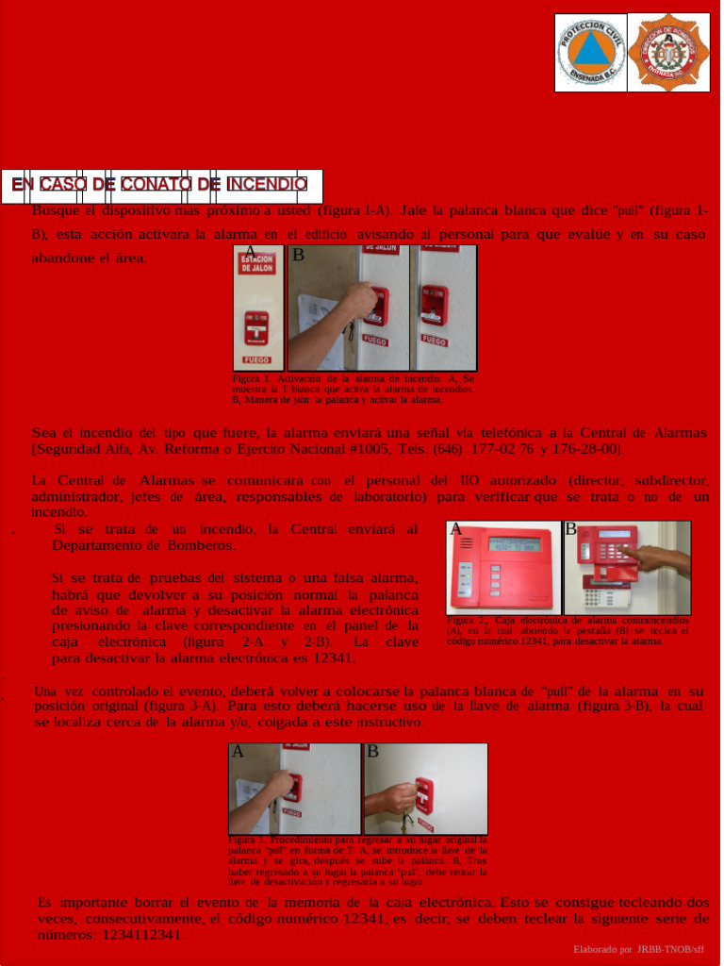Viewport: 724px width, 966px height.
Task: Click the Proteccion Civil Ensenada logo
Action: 591,52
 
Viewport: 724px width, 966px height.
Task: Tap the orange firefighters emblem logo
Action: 669,52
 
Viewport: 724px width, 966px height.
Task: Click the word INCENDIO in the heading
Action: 267,184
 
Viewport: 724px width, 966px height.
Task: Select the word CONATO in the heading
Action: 155,184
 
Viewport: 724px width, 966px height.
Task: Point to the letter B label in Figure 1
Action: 298,255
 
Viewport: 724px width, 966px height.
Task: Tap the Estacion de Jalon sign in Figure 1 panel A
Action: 256,265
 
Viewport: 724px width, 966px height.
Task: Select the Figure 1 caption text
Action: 354,389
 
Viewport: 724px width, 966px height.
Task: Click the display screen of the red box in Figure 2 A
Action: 515,545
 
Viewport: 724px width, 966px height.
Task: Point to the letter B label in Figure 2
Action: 570,529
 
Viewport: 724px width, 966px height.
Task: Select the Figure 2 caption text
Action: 568,631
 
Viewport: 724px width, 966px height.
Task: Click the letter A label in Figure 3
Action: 238,752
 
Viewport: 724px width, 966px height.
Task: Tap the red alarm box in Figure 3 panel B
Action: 427,794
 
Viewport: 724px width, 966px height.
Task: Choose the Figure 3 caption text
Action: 357,860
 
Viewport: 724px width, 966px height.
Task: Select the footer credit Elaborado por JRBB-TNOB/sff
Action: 638,947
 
